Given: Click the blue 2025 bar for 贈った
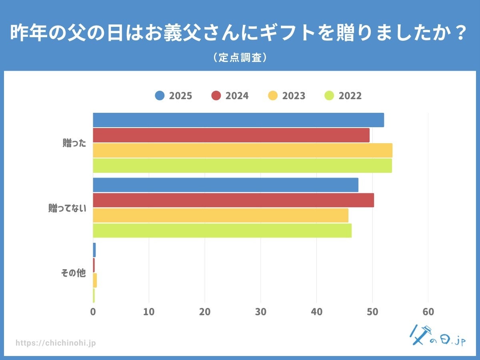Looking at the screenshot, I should click(238, 120).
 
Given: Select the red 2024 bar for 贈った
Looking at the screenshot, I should click(231, 135).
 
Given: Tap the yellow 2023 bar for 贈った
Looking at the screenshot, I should click(242, 150).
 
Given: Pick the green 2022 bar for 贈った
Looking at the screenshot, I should click(242, 166).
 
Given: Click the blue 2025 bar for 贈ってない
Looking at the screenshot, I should click(226, 185).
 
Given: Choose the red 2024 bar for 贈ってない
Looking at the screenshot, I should click(233, 200).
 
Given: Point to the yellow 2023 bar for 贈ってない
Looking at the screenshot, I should click(220, 215).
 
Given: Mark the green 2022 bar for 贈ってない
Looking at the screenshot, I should click(222, 230).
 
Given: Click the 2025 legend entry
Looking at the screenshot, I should click(174, 96).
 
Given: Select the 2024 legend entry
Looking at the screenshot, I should click(230, 96).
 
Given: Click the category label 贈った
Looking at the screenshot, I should click(74, 143).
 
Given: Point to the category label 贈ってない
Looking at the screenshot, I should click(67, 208).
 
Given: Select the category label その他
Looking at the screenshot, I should click(73, 273).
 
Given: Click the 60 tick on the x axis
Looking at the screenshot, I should click(428, 312).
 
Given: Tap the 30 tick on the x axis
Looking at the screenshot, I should click(260, 312).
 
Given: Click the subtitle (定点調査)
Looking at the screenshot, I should click(240, 58).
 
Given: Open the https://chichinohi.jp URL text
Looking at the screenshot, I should click(56, 343).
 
